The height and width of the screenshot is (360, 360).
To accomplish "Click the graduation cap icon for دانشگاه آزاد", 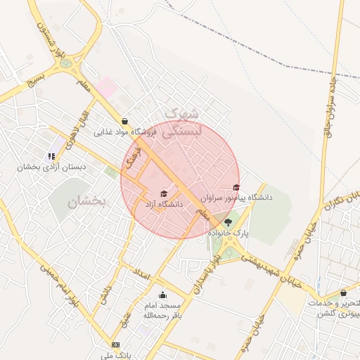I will click(164, 194).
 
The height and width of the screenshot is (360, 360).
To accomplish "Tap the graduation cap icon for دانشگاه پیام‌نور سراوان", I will click(236, 188).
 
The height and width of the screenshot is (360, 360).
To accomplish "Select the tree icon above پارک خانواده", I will click(226, 222).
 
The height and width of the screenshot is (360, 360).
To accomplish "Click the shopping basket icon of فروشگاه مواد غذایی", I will click(124, 121).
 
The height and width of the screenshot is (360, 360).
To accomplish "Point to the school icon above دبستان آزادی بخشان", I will click(51, 157).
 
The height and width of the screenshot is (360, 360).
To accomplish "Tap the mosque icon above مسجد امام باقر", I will click(163, 295).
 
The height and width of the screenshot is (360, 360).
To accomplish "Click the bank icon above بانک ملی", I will click(116, 345).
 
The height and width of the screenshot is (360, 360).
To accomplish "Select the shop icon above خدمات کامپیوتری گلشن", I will click(343, 292).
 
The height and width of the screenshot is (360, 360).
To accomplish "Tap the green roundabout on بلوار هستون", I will click(66, 63).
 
